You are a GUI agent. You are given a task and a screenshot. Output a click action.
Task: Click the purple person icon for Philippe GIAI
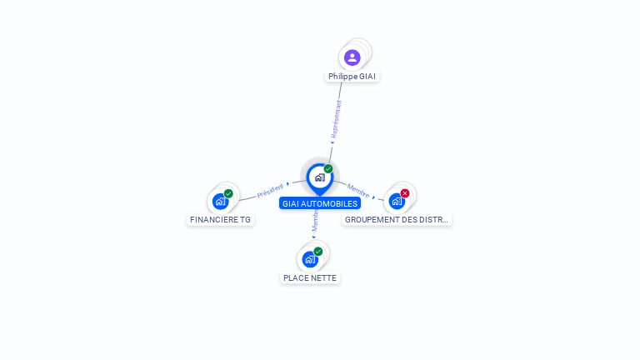352,57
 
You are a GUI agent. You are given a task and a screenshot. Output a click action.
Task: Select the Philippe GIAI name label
352,76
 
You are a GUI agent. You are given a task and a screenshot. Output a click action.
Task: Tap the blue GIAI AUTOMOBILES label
320,203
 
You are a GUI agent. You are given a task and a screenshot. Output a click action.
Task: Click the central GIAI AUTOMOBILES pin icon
319,177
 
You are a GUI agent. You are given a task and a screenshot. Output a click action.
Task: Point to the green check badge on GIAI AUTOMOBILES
328,168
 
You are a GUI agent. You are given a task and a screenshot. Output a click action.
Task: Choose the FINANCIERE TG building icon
220,201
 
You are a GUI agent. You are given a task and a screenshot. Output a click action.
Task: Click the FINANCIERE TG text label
220,220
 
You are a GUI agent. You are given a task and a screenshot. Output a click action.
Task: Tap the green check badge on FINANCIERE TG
228,193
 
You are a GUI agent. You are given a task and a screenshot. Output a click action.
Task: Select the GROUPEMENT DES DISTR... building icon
397,201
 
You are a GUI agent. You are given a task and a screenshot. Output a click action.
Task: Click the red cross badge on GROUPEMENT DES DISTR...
405,193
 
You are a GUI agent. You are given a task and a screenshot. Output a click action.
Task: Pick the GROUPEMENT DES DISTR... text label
397,220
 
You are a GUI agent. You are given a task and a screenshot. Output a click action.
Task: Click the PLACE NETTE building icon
310,259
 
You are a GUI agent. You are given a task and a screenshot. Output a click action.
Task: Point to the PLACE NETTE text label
310,277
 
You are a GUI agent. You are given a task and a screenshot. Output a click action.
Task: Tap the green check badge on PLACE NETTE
318,251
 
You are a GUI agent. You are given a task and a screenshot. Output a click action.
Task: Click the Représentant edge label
336,118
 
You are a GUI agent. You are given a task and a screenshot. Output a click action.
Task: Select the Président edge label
270,190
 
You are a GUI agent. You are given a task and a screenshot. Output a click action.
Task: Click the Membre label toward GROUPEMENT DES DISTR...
358,191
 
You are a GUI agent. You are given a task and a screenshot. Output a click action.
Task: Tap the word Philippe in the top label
342,76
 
